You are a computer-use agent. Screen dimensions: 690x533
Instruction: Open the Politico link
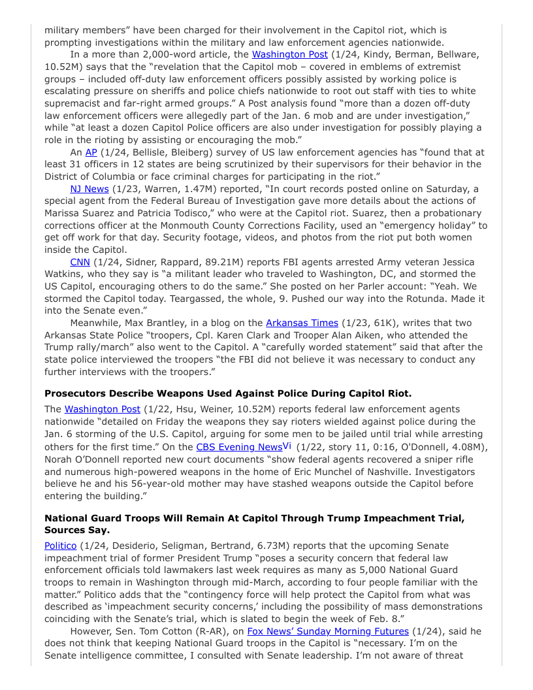pyautogui.click(x=61, y=546)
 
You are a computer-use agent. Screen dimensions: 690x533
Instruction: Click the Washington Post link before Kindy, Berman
pyautogui.click(x=289, y=54)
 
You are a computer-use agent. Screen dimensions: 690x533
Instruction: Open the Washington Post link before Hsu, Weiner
pyautogui.click(x=102, y=410)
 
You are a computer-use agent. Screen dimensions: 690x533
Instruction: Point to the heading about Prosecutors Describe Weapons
pyautogui.click(x=228, y=393)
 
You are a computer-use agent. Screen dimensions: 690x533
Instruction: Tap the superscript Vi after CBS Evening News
pyautogui.click(x=287, y=446)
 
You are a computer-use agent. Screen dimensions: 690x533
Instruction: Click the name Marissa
pyautogui.click(x=65, y=213)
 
